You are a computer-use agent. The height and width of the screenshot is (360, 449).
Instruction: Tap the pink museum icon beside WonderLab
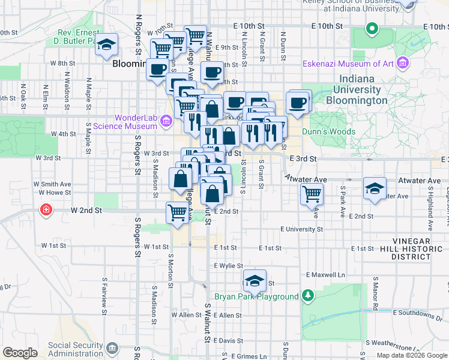pos(167,124)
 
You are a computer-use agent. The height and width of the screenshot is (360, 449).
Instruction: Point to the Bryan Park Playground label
pos(257,296)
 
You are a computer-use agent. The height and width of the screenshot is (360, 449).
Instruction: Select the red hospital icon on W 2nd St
pos(46,210)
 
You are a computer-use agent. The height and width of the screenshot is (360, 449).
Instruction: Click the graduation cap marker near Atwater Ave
pos(375,188)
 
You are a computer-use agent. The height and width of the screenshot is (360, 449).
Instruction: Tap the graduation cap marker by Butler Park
pos(106,44)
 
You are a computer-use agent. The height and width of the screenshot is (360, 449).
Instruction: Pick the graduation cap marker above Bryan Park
pos(255,280)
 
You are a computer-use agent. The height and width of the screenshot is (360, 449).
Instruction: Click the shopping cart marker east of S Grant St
pos(312,193)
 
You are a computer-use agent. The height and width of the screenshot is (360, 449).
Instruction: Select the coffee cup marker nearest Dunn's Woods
pos(298,103)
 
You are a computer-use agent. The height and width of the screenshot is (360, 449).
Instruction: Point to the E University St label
pos(301,229)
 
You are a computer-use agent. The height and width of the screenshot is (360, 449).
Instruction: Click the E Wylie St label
pos(228,265)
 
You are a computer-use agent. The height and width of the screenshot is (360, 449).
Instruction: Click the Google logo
pos(20,352)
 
